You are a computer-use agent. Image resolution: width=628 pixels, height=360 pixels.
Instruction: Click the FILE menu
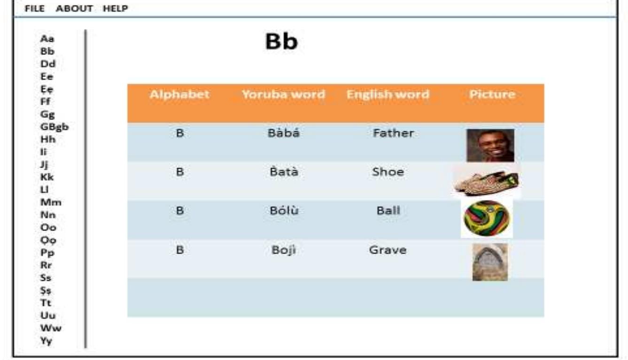34,8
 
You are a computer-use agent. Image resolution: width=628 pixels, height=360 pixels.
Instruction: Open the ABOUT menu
74,8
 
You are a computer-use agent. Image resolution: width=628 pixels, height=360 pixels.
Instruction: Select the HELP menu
116,8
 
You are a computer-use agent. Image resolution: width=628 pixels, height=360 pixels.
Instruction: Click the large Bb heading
281,41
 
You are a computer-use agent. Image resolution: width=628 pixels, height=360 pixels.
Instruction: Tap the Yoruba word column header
283,94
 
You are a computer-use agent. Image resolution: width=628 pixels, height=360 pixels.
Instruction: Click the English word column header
388,94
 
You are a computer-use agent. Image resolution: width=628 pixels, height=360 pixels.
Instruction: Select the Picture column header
492,94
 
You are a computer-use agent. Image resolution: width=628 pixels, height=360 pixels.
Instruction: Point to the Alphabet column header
179,94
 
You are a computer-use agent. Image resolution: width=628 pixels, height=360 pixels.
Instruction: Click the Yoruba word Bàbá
283,133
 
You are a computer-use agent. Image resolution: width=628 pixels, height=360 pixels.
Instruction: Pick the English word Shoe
388,172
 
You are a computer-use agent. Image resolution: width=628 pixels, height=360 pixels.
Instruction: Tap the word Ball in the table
388,210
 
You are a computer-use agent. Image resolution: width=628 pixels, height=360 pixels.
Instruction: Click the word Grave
388,250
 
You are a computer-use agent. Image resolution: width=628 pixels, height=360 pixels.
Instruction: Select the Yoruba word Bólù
284,210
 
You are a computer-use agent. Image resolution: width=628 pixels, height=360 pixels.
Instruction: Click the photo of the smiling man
490,145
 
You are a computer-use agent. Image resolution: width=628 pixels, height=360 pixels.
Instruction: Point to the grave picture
490,262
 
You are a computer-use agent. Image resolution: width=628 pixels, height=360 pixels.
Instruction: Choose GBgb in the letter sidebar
54,127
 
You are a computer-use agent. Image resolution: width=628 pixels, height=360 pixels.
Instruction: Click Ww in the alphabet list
51,328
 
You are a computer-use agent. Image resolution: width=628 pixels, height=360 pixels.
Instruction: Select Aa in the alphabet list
47,38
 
